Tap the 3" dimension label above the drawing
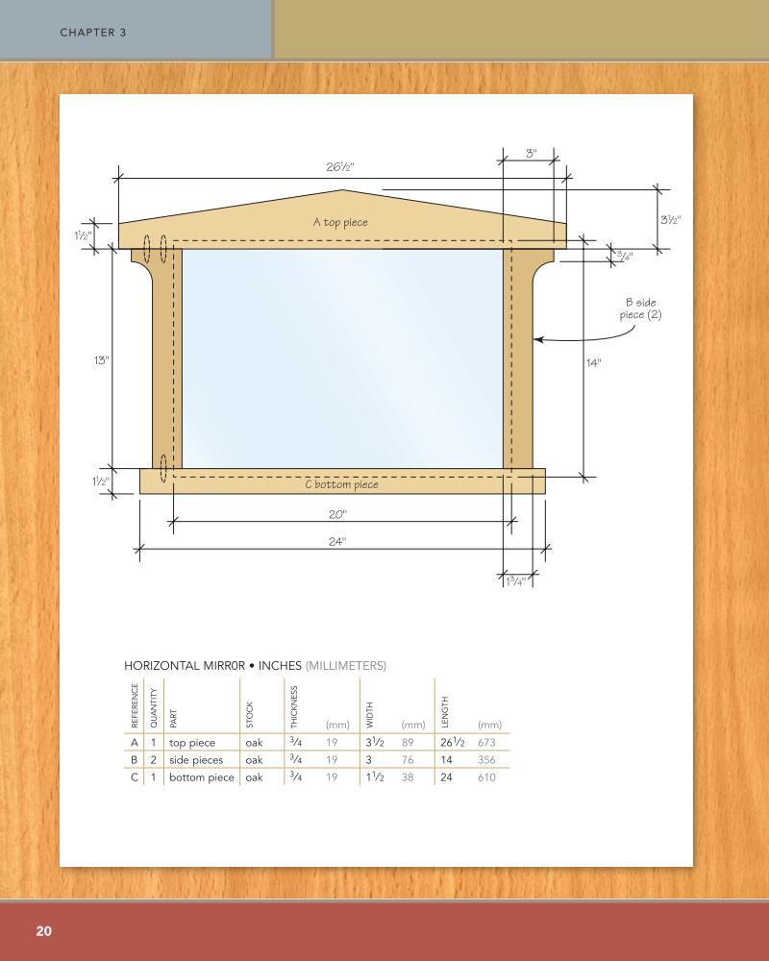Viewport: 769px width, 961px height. pos(531,155)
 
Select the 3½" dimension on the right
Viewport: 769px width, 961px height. pos(671,220)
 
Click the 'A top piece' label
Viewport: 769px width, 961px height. pos(340,222)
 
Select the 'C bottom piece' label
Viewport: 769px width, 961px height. pos(340,484)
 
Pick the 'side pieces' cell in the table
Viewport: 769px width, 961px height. pos(196,759)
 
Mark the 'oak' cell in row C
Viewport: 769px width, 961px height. pos(254,776)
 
